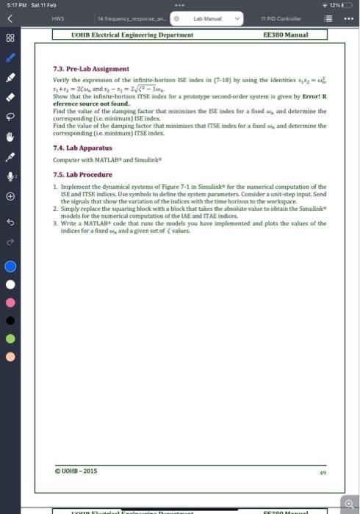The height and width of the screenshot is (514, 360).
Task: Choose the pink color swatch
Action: pos(11,302)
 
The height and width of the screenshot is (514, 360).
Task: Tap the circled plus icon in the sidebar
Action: pos(11,197)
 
